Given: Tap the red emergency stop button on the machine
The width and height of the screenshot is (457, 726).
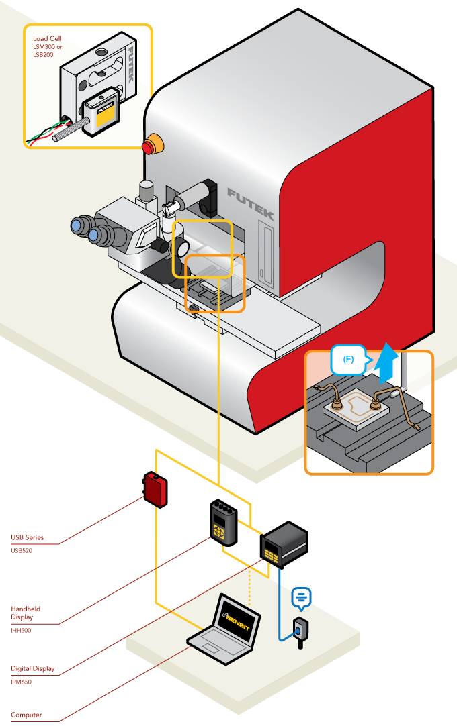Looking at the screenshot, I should (x=152, y=145).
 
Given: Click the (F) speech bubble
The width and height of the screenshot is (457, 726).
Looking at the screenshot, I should (x=348, y=360).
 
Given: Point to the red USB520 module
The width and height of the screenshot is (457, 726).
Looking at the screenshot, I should (x=155, y=488).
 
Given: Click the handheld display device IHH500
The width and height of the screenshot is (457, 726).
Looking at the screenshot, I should (x=222, y=522).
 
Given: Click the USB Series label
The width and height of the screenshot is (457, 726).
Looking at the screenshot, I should (x=27, y=537).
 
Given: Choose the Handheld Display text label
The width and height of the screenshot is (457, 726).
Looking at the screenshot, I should (x=26, y=613).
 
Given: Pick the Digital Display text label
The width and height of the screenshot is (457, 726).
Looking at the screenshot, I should (x=33, y=668).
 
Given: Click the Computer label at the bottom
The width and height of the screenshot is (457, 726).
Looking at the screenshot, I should (x=26, y=715).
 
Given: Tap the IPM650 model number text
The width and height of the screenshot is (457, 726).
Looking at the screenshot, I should (x=21, y=682).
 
